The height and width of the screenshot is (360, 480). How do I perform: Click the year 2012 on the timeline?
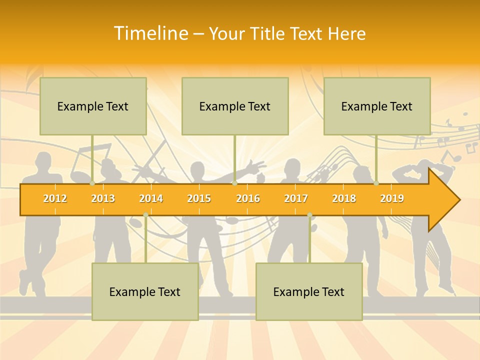tap(55, 198)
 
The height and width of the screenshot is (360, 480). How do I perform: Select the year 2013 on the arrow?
tap(103, 198)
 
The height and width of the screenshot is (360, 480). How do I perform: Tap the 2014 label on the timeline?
tap(151, 198)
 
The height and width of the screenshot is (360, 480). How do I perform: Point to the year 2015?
tap(199, 198)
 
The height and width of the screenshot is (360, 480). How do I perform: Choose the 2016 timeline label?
tap(248, 198)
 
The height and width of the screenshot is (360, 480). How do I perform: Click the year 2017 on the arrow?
tap(296, 198)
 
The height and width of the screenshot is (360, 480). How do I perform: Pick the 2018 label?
tap(344, 198)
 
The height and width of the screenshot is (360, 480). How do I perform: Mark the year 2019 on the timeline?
tap(392, 198)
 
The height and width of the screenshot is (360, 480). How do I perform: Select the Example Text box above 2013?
tap(93, 106)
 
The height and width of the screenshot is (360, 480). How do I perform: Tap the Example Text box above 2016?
tap(235, 106)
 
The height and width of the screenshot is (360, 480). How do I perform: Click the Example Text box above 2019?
tap(377, 106)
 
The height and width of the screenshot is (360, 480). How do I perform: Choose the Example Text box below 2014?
tap(145, 291)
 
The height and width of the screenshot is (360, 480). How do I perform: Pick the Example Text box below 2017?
tap(309, 291)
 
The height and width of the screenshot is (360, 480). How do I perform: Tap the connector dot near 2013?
tap(92, 183)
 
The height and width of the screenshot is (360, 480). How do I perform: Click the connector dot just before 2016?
tap(235, 183)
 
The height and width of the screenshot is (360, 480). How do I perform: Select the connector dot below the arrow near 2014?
tap(145, 215)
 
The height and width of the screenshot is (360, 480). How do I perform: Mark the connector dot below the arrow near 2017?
tap(309, 215)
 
